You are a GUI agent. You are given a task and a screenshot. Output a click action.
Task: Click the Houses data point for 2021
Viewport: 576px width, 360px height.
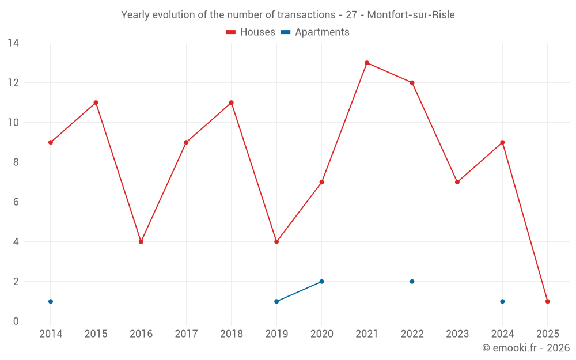tap(367, 63)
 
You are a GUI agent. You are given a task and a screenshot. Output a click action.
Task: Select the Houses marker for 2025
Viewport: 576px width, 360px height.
tap(547, 301)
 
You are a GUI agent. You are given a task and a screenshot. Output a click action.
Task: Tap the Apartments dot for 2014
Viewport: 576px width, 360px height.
tap(51, 301)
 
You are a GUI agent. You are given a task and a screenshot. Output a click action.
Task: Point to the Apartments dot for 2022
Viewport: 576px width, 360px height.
tap(412, 282)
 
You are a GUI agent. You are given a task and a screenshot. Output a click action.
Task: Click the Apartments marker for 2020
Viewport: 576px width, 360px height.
tap(321, 282)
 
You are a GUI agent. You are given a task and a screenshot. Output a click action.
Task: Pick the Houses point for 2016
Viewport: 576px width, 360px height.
tap(141, 242)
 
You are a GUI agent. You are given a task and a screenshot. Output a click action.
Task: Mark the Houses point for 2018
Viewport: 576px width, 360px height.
tap(231, 103)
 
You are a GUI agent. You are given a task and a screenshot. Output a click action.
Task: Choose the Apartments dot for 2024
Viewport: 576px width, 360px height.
tap(502, 301)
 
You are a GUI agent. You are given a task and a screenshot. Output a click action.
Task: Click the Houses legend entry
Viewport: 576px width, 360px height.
tap(251, 32)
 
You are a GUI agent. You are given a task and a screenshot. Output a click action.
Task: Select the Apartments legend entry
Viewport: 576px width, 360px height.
tap(315, 32)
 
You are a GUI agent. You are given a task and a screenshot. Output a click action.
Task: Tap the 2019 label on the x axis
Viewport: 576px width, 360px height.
tap(276, 334)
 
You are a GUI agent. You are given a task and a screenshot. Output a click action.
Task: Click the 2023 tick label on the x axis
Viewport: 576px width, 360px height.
tap(457, 334)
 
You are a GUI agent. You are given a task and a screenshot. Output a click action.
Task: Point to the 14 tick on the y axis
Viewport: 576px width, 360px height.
tap(13, 43)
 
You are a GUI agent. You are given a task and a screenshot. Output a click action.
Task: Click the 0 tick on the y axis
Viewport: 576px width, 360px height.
tap(16, 321)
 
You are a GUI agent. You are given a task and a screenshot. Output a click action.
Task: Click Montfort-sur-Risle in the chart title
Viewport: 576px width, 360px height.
tap(411, 15)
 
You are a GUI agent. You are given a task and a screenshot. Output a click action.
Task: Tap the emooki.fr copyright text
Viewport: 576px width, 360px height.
tap(526, 348)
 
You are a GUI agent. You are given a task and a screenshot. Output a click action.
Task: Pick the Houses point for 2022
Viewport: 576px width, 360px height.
tap(412, 82)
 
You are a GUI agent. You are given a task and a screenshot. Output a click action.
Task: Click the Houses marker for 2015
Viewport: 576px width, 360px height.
tap(96, 103)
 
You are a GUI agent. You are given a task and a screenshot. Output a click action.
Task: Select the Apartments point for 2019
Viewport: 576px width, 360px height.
tap(276, 301)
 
